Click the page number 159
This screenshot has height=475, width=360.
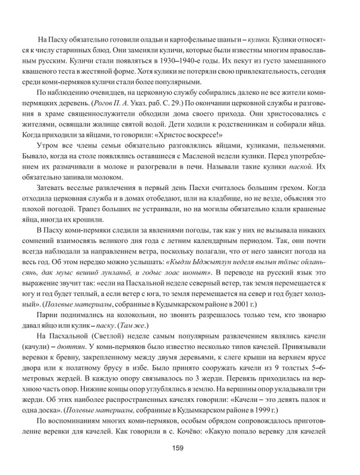180,448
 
